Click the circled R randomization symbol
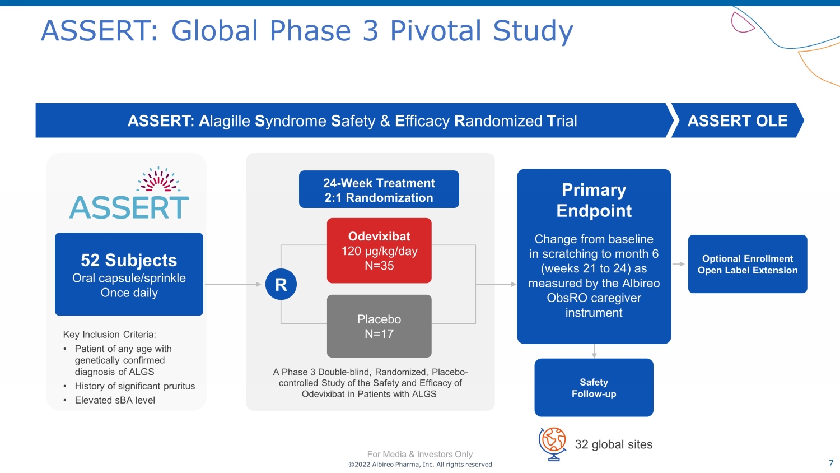(x=281, y=284)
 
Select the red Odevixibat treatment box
(x=379, y=251)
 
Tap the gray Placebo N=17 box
(x=379, y=326)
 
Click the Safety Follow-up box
(x=594, y=387)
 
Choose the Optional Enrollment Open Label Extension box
(x=748, y=264)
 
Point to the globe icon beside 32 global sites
(x=552, y=444)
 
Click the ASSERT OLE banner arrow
(x=738, y=120)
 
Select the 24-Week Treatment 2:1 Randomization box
(x=379, y=189)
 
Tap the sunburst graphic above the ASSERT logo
(x=158, y=179)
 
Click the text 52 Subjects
(x=129, y=260)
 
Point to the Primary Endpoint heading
(x=594, y=200)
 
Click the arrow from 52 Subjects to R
(x=233, y=284)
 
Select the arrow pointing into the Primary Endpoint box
(x=496, y=284)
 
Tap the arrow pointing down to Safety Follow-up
(x=594, y=351)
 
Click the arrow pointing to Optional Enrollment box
(x=679, y=264)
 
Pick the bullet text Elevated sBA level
(x=115, y=400)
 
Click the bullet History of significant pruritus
(x=134, y=386)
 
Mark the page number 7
(x=831, y=463)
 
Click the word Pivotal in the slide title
(x=435, y=31)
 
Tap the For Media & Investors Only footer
(x=419, y=455)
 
